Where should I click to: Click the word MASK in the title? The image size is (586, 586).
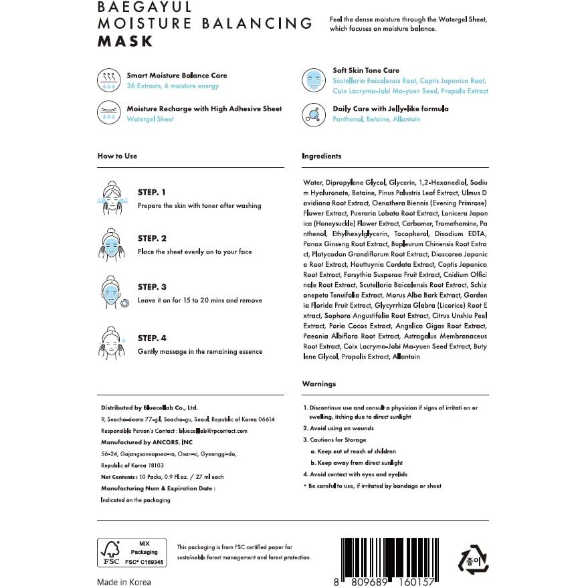pos(125,41)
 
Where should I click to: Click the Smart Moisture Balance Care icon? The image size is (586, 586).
pos(108,80)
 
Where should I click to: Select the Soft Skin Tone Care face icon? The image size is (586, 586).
pos(313,80)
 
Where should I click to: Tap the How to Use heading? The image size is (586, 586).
pos(117,156)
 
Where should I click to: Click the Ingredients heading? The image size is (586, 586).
pos(322,156)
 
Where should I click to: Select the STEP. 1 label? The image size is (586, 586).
pos(152,192)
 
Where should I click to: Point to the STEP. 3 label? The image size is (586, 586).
pos(152,287)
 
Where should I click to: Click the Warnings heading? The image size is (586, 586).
pos(319,384)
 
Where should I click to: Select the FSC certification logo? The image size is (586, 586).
pos(132,552)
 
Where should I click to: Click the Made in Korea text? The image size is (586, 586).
pos(124,582)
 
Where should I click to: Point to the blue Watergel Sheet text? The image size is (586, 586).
pos(150,119)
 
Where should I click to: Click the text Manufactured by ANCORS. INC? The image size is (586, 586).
pos(146,442)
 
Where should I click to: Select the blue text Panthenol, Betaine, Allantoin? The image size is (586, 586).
pos(377,119)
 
